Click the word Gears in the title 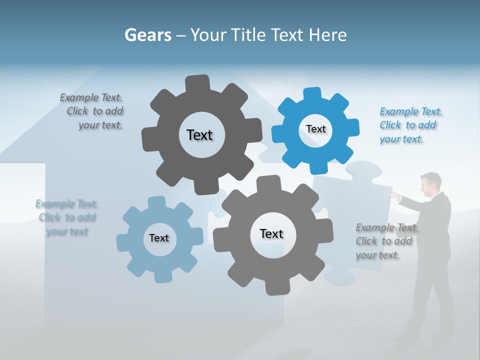pos(147,35)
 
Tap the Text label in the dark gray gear pos(199,135)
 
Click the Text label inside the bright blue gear pos(315,129)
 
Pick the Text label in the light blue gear pos(159,238)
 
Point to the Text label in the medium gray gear pos(271,233)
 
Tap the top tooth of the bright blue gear pos(312,94)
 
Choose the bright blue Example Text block pos(410,125)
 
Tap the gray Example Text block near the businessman pos(386,241)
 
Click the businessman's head pos(429,184)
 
